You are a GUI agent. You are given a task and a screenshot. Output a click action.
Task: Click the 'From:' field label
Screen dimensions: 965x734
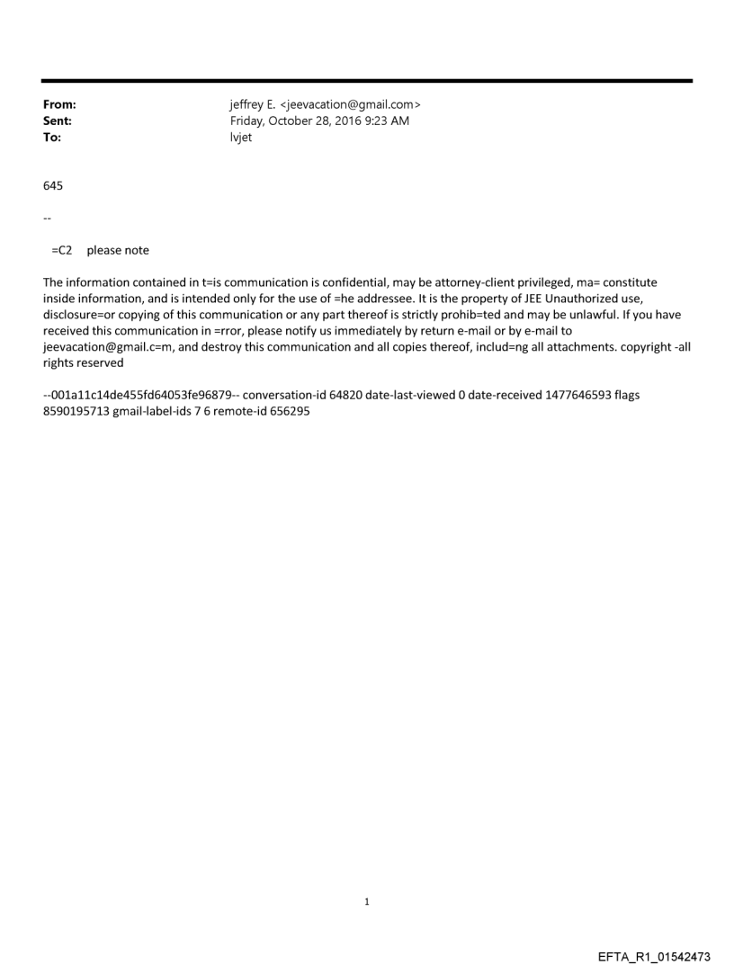tap(59, 105)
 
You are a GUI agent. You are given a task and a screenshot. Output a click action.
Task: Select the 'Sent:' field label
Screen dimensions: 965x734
tap(58, 121)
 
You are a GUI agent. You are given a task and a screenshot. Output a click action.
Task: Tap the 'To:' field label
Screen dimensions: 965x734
tap(53, 137)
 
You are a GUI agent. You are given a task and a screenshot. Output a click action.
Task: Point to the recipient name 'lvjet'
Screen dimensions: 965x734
tap(242, 137)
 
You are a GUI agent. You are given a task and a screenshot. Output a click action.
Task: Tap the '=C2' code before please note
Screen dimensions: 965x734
tap(61, 251)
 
